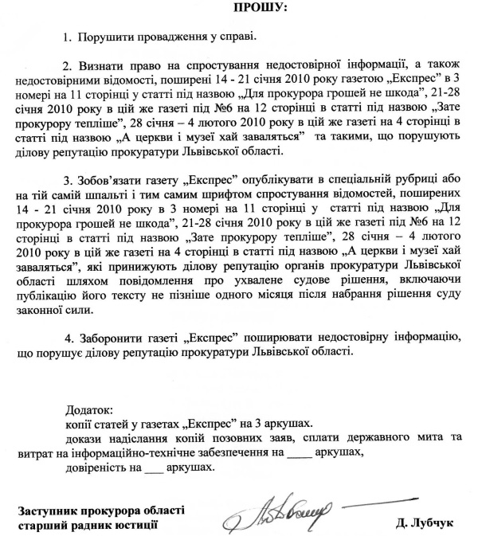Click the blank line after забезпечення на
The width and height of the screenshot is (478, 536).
[x=298, y=452]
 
